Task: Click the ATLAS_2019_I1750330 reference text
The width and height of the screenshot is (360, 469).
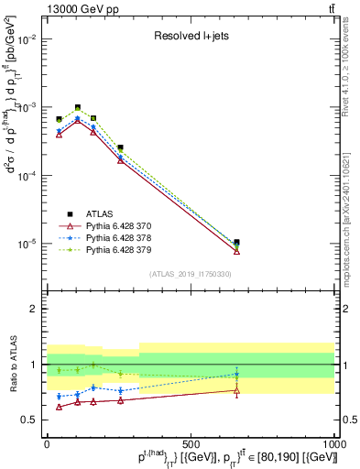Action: [x=190, y=274]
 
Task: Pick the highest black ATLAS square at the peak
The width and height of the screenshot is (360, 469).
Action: [x=78, y=108]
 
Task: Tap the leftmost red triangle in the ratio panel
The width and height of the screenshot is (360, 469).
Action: [x=60, y=407]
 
